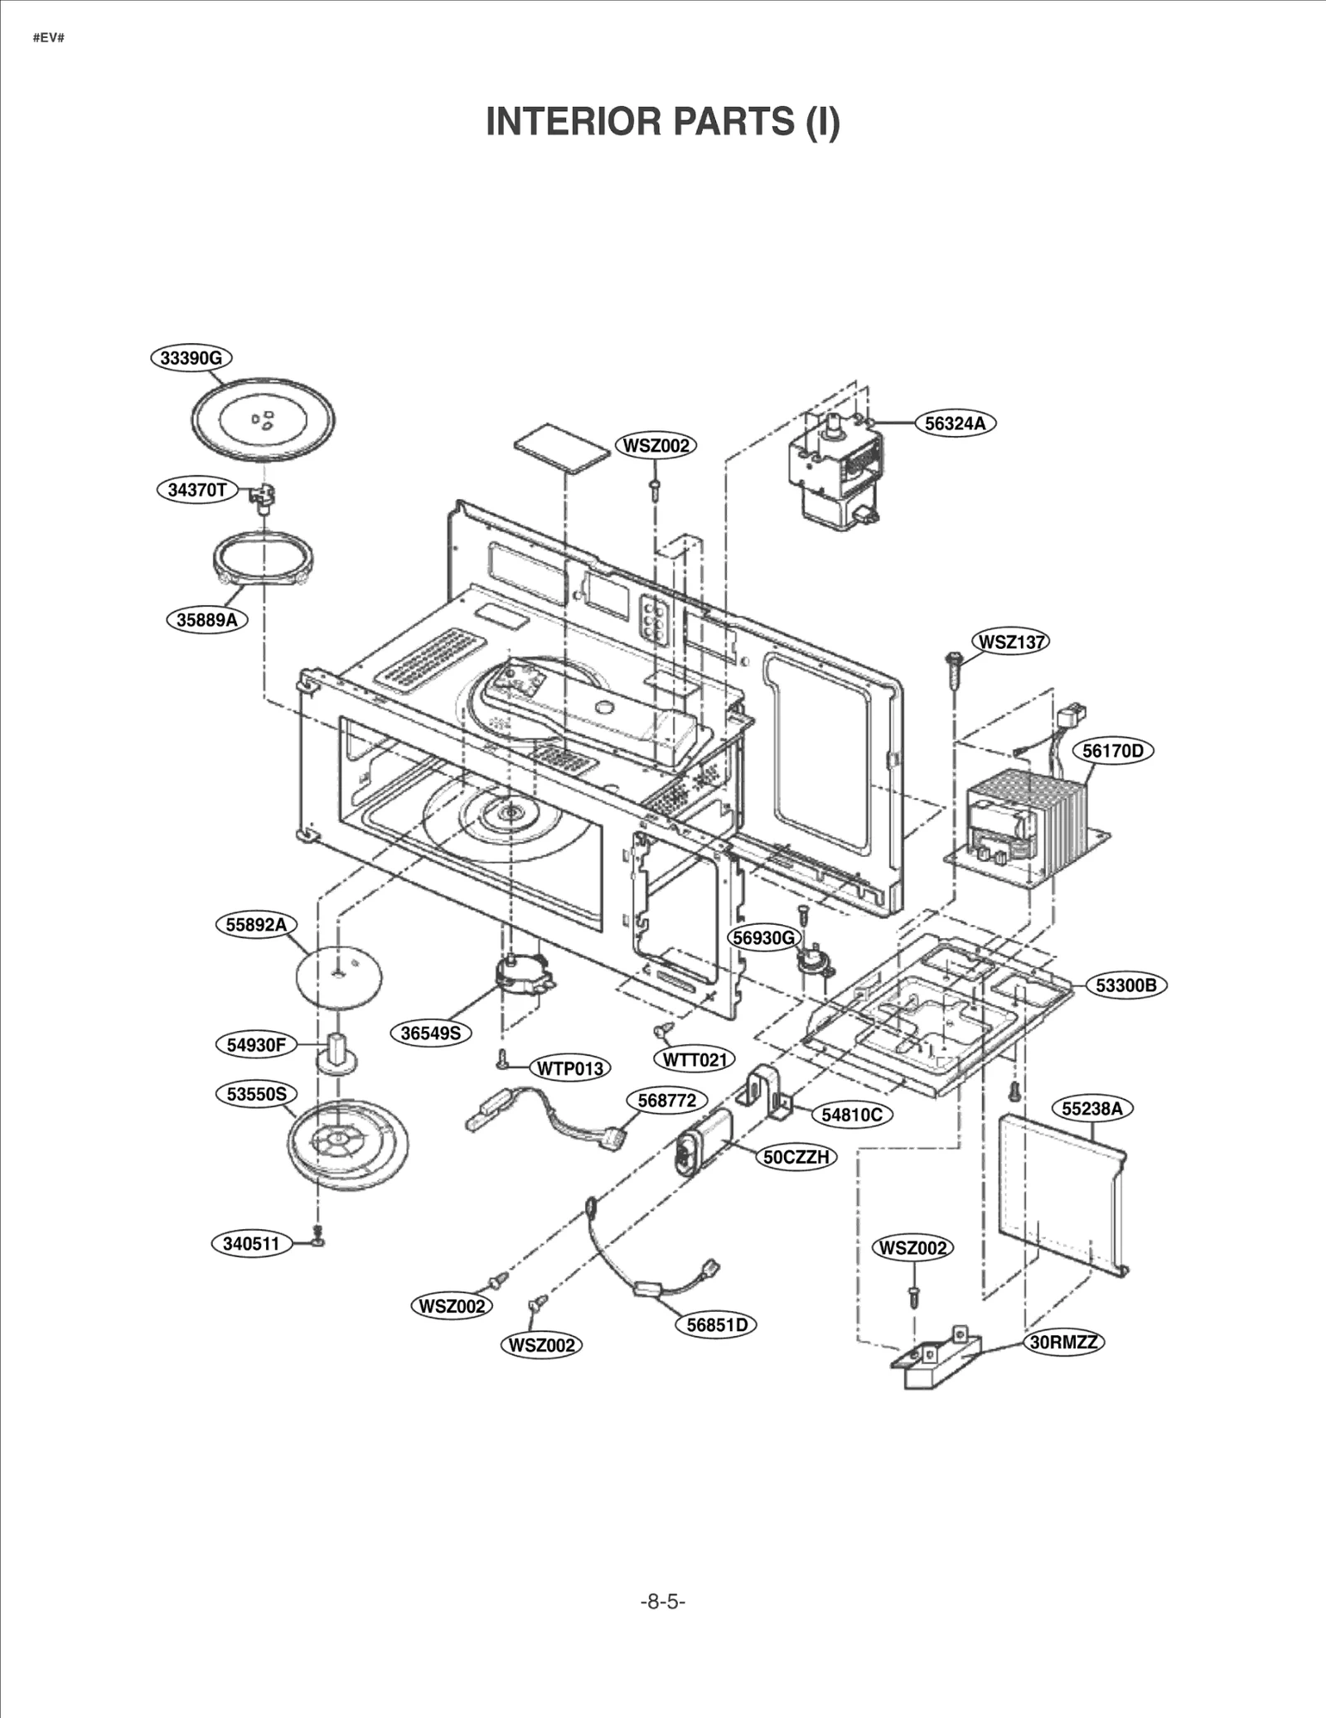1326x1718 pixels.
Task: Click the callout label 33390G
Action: [x=191, y=358]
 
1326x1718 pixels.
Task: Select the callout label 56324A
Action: [x=955, y=423]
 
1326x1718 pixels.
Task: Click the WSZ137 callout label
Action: [x=1010, y=641]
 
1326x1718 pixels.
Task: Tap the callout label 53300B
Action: [x=1125, y=985]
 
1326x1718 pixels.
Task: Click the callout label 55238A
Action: [x=1091, y=1109]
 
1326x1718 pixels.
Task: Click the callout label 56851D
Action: [x=717, y=1325]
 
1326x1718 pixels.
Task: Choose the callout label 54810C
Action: [x=851, y=1115]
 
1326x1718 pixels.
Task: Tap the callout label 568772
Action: [x=666, y=1101]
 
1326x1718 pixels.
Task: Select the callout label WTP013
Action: [x=569, y=1068]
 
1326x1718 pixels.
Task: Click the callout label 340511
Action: [x=251, y=1244]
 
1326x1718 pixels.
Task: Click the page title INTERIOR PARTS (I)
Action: [x=662, y=122]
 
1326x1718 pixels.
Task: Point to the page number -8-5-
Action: [x=662, y=1601]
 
